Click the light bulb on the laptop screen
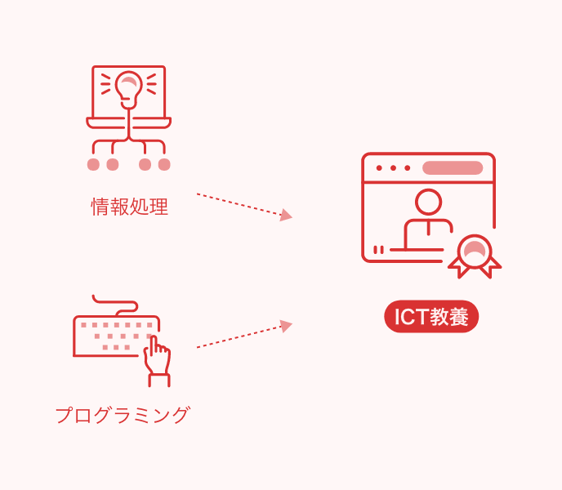pos(129,90)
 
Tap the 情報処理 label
pos(129,207)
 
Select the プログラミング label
pos(123,415)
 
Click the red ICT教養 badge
pos(431,317)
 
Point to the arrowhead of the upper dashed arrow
pos(287,215)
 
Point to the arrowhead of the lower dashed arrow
pos(287,326)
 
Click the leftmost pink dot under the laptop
pos(93,164)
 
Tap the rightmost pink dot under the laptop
pos(164,164)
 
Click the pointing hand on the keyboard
pos(157,361)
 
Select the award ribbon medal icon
pos(475,256)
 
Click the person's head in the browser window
pos(428,202)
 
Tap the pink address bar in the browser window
pos(453,167)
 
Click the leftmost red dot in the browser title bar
pos(379,167)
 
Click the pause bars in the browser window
pos(378,249)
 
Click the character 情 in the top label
pos(100,207)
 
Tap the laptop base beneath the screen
pos(129,122)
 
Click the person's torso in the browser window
pos(428,234)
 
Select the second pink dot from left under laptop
pos(113,164)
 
